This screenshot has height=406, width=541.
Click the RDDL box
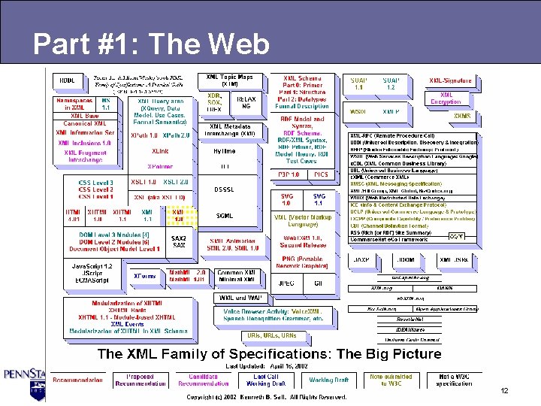tap(68, 80)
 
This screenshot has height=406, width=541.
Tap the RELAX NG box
tap(246, 103)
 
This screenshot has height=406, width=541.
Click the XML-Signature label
tap(451, 80)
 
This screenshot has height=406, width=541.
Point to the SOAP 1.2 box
tap(391, 83)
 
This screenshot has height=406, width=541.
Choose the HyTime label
tap(225, 150)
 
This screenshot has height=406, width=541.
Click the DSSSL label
tap(225, 189)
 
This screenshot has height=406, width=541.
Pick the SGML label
tap(225, 216)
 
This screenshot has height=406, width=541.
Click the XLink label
tap(159, 151)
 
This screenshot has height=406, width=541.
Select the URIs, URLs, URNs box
tap(272, 335)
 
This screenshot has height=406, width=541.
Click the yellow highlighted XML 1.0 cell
tap(178, 216)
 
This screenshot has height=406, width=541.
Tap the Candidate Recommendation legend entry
tap(203, 380)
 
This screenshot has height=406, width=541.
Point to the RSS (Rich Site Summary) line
tap(410, 232)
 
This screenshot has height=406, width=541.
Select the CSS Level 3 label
tap(96, 183)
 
